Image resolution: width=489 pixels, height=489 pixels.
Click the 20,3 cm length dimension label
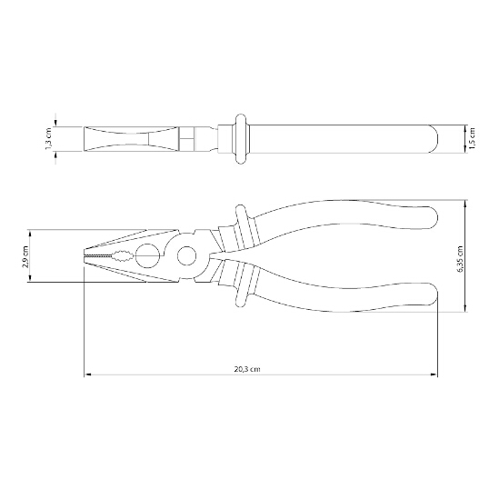(247, 369)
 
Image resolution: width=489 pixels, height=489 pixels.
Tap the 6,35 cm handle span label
(459, 259)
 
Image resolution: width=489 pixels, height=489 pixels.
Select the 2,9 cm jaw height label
(25, 257)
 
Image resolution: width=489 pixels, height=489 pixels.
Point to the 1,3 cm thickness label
(50, 139)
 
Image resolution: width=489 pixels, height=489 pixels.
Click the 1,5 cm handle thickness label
(472, 138)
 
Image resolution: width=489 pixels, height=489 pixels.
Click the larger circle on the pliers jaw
(147, 255)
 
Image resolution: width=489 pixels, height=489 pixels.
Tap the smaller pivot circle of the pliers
(187, 255)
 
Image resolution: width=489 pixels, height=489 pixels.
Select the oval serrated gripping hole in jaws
(124, 255)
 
